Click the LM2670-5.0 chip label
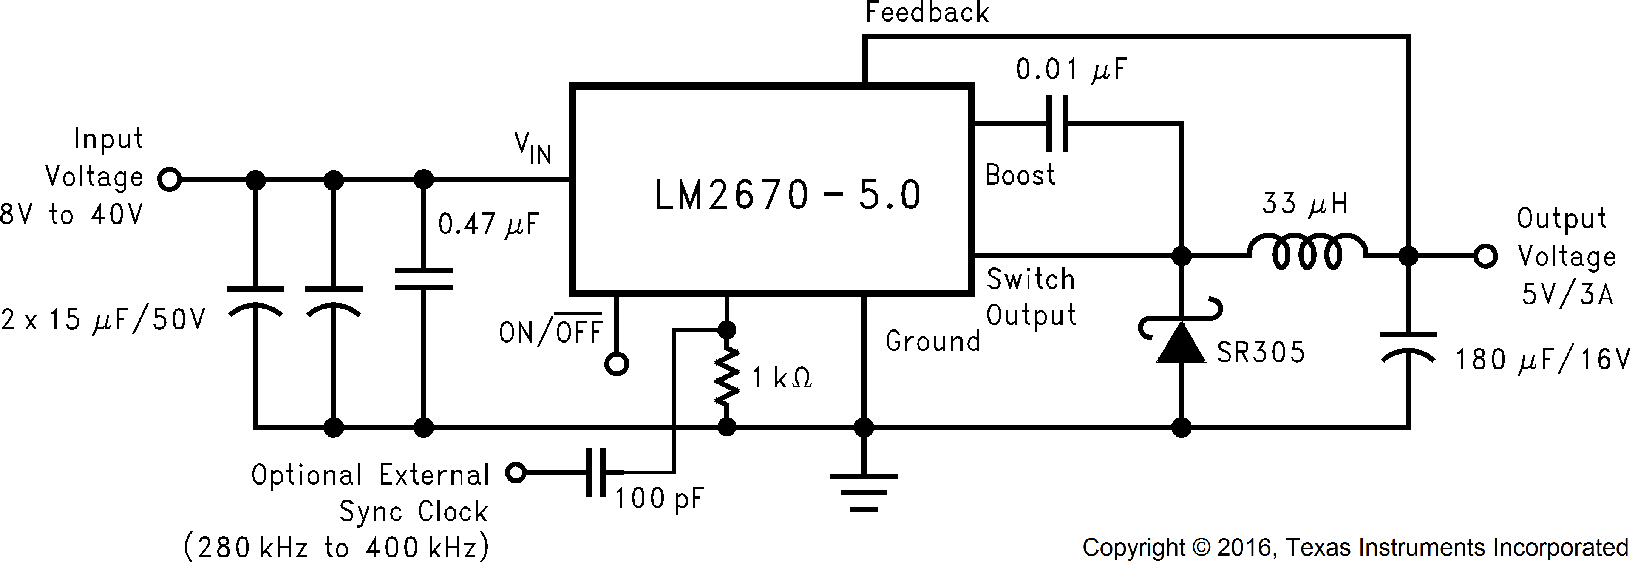pyautogui.click(x=787, y=195)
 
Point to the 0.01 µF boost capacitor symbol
pyautogui.click(x=1057, y=124)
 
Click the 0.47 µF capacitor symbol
pyautogui.click(x=423, y=279)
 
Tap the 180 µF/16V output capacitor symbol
pyautogui.click(x=1408, y=346)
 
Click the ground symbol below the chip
pyautogui.click(x=863, y=492)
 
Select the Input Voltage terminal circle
pyautogui.click(x=170, y=180)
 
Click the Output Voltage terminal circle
pyautogui.click(x=1486, y=256)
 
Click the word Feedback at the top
pyautogui.click(x=927, y=13)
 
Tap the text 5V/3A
pyautogui.click(x=1567, y=295)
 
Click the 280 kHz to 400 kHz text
pyautogui.click(x=336, y=548)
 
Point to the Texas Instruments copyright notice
pyautogui.click(x=1355, y=548)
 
